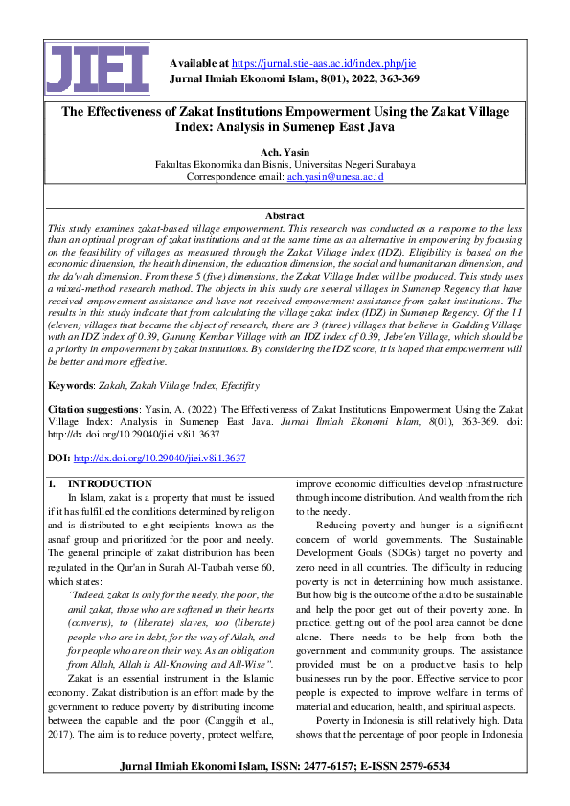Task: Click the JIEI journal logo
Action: (99, 70)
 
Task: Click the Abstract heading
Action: (285, 216)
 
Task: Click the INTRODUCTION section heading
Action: (109, 484)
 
